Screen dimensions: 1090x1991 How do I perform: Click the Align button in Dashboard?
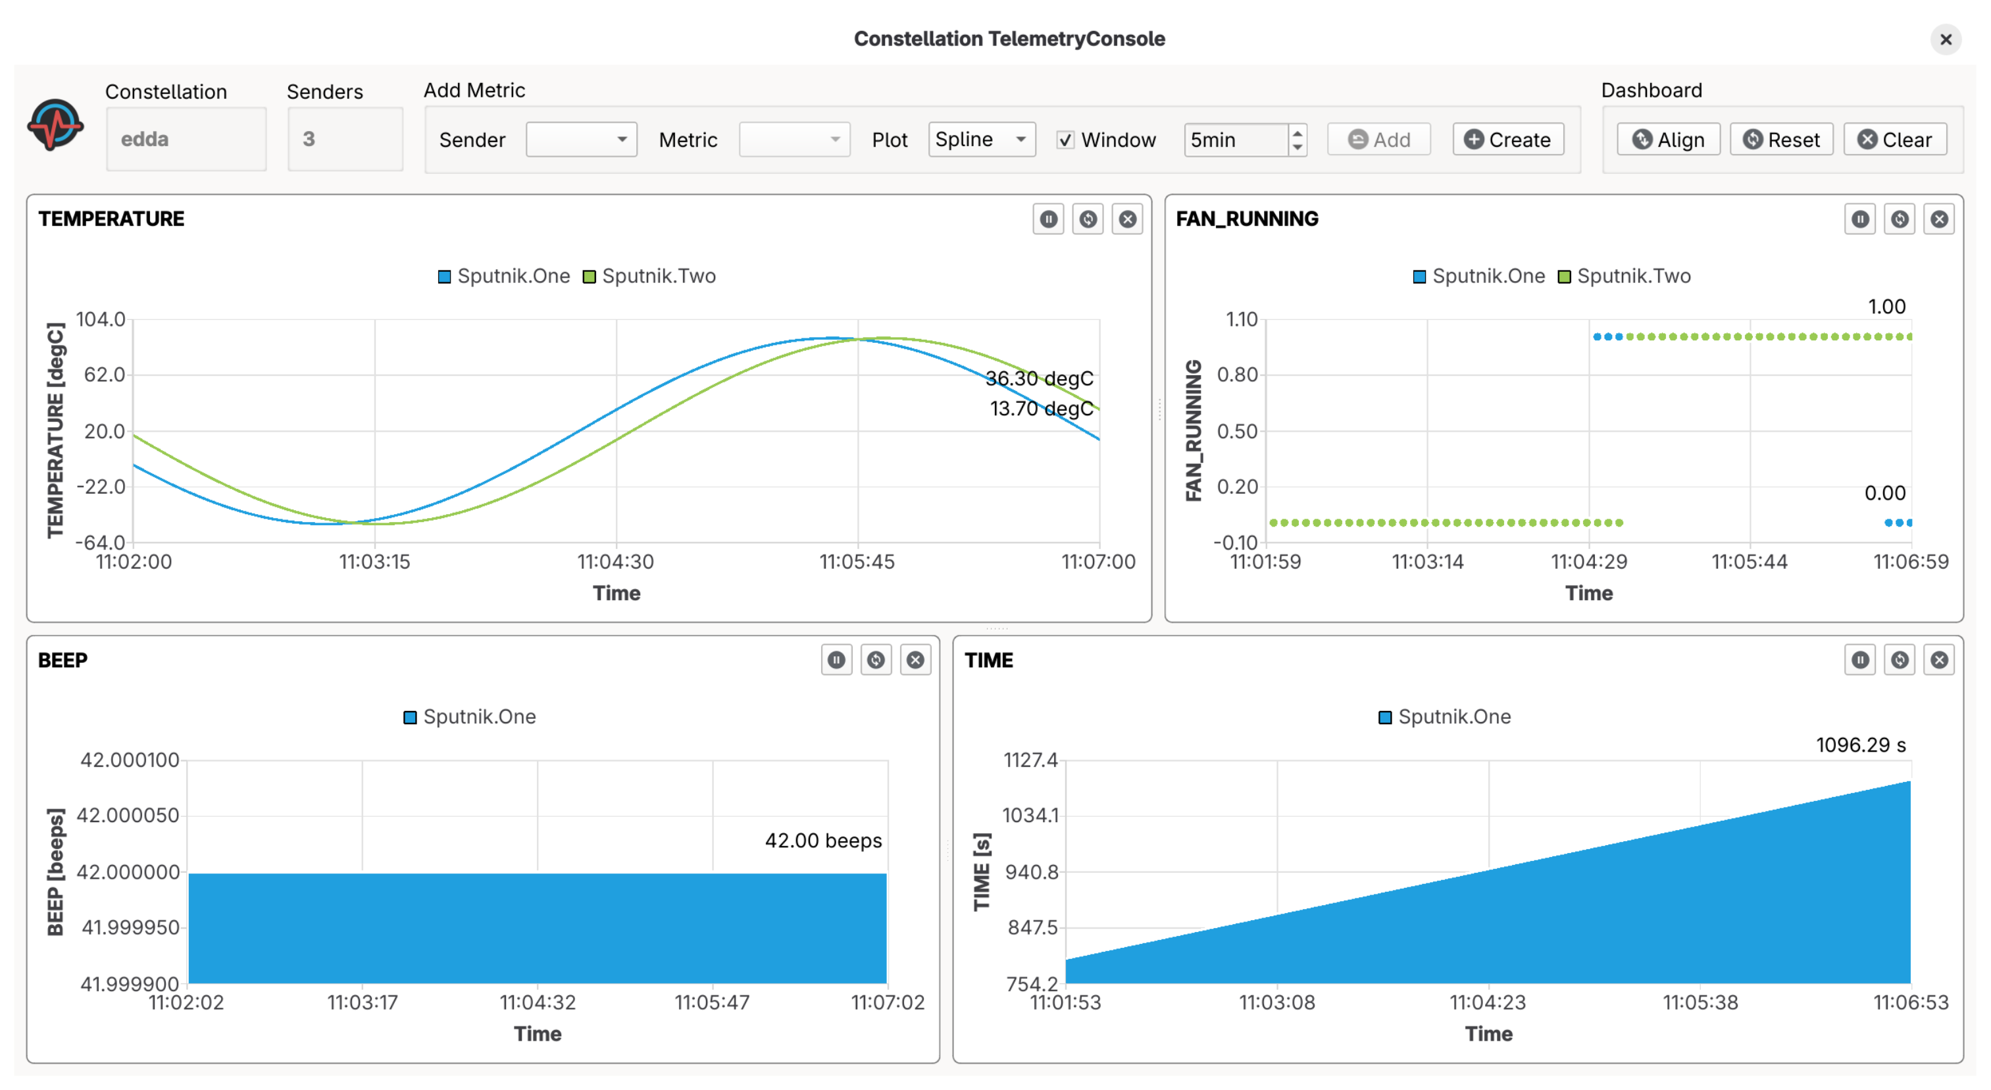coord(1668,140)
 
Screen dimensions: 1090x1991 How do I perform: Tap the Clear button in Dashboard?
coord(1894,140)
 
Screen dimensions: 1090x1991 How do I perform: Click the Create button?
coord(1507,140)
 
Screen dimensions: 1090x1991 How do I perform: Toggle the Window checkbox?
coord(1065,140)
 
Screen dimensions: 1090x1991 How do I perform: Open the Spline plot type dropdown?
coord(981,140)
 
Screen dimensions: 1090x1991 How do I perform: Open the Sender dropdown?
coord(580,140)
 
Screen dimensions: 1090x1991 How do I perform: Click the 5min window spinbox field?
coord(1235,140)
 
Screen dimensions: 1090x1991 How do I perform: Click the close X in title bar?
coord(1946,39)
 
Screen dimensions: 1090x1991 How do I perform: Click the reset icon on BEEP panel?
coord(876,660)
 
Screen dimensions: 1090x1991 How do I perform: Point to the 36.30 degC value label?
coord(1039,378)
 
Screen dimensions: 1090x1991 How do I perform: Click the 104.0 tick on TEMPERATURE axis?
coord(101,319)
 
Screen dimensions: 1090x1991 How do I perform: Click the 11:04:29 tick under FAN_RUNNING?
coord(1588,562)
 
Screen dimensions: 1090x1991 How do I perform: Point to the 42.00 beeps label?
coord(822,841)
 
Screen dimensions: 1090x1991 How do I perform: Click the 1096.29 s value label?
coord(1860,745)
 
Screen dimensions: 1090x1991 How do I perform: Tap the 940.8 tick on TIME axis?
coord(1031,872)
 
